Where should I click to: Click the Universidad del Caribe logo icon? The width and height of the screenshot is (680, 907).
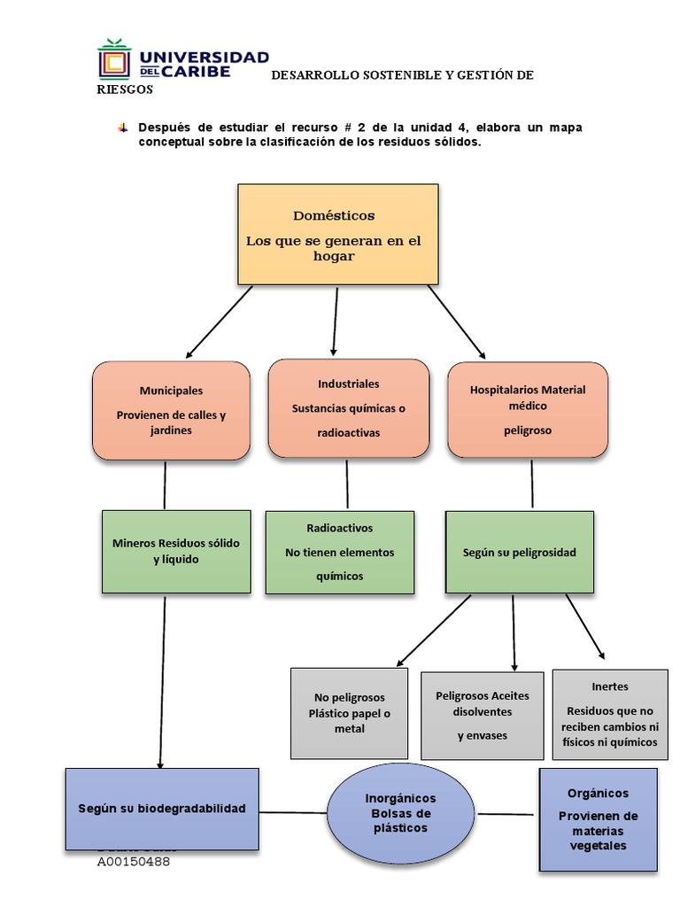(x=112, y=59)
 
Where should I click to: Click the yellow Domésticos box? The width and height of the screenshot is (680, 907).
(x=337, y=234)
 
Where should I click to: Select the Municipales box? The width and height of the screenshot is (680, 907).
(x=171, y=410)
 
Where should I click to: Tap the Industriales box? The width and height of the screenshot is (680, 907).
(x=348, y=408)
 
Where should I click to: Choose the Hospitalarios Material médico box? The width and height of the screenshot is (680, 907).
(x=528, y=410)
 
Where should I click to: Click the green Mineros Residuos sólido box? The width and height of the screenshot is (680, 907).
(x=176, y=551)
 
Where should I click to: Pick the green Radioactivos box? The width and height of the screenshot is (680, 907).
(x=339, y=551)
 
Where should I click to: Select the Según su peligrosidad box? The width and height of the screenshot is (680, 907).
(x=519, y=552)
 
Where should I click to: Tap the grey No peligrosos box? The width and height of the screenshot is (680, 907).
(x=350, y=713)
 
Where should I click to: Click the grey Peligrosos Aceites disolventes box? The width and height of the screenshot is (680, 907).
(x=482, y=715)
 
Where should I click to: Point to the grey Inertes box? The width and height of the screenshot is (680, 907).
(x=610, y=714)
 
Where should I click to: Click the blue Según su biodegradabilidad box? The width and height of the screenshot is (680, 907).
(x=162, y=809)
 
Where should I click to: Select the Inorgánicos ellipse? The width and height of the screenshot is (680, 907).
(x=400, y=812)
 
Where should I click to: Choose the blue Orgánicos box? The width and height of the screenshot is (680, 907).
(x=599, y=819)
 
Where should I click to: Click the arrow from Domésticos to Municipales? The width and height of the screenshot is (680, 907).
(x=219, y=321)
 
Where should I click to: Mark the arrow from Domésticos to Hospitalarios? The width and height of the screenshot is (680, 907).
(x=456, y=321)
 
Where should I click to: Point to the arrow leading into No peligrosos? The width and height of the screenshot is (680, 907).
(x=434, y=630)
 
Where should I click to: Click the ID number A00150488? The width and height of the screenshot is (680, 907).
(x=134, y=861)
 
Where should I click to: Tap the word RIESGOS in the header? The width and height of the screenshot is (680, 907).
(x=124, y=89)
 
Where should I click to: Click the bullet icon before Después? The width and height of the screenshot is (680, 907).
(x=122, y=128)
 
